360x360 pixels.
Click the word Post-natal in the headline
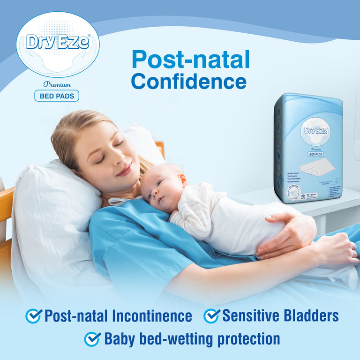[x=191, y=60]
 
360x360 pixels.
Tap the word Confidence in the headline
[x=188, y=81]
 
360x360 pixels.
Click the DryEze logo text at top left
[x=58, y=42]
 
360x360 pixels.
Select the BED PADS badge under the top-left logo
[x=57, y=96]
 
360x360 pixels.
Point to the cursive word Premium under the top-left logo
[x=57, y=84]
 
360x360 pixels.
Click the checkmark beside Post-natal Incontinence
[x=33, y=315]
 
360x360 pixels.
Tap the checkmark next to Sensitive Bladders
[x=211, y=315]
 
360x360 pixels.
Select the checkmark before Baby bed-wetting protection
[x=92, y=338]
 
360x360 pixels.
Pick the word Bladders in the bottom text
[x=312, y=315]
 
